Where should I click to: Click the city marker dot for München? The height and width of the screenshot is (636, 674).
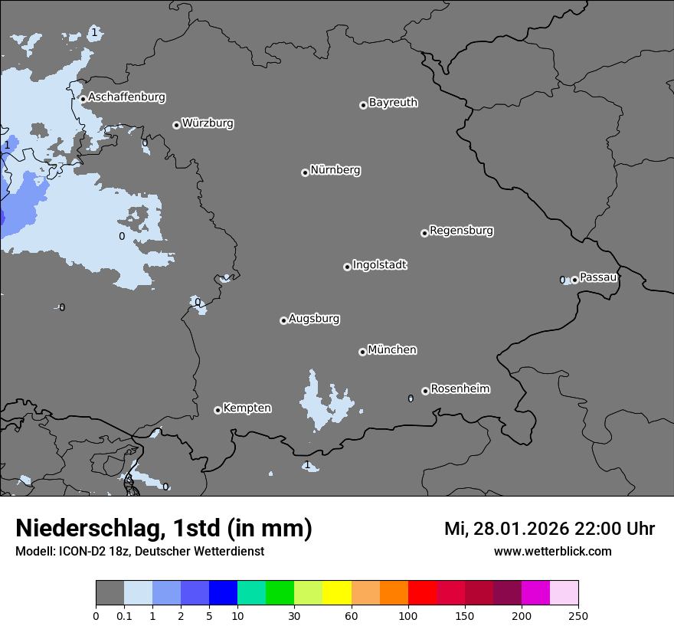pyautogui.click(x=362, y=352)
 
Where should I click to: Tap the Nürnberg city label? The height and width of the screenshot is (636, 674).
pyautogui.click(x=335, y=170)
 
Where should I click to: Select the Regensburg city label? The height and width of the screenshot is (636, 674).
pyautogui.click(x=461, y=231)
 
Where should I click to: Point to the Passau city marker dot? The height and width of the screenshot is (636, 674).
pyautogui.click(x=574, y=280)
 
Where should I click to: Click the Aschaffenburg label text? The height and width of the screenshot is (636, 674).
pyautogui.click(x=126, y=97)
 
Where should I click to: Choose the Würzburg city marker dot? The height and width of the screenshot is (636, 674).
pyautogui.click(x=176, y=125)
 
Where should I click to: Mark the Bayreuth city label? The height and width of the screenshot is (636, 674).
pyautogui.click(x=393, y=103)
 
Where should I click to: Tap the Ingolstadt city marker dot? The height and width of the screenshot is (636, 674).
pyautogui.click(x=347, y=267)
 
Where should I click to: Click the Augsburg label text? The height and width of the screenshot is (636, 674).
pyautogui.click(x=314, y=319)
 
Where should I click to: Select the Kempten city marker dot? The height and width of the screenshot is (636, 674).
pyautogui.click(x=218, y=410)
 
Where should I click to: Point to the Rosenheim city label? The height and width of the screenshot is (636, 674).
pyautogui.click(x=460, y=389)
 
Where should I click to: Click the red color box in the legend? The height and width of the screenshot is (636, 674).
pyautogui.click(x=422, y=593)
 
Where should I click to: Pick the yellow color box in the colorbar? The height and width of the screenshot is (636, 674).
pyautogui.click(x=337, y=593)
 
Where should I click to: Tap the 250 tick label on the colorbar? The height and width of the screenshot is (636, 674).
pyautogui.click(x=578, y=615)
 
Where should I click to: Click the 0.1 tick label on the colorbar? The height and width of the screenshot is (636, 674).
pyautogui.click(x=124, y=615)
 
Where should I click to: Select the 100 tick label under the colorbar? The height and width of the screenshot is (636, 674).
pyautogui.click(x=408, y=615)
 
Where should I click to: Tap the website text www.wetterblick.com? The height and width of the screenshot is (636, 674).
pyautogui.click(x=552, y=552)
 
